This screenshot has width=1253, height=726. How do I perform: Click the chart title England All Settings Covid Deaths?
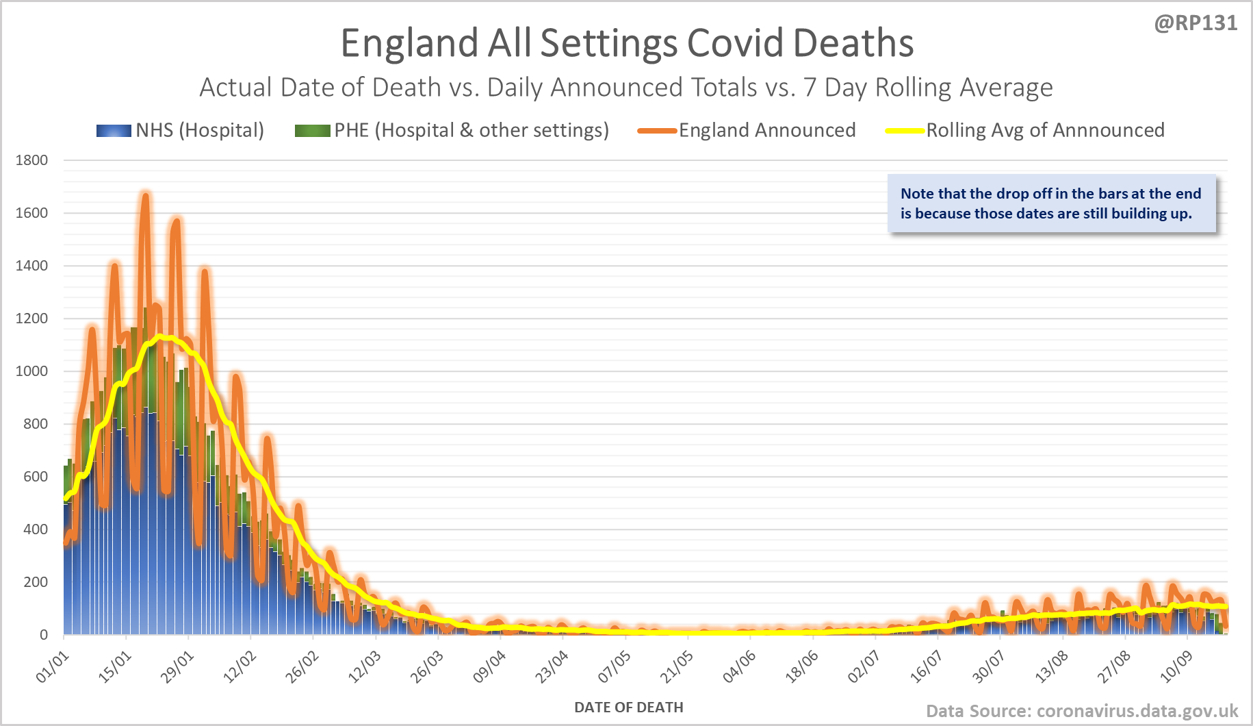(x=627, y=43)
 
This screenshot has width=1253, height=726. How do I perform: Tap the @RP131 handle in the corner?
(x=1196, y=23)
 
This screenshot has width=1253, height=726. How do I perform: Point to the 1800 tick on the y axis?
(x=31, y=160)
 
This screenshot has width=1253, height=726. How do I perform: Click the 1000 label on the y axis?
(x=31, y=371)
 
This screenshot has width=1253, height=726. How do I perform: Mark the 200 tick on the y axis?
(x=35, y=582)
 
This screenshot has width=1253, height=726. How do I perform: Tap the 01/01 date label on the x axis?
(x=53, y=667)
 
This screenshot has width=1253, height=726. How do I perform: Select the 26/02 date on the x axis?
(x=302, y=667)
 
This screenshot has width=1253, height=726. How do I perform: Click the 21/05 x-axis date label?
(x=677, y=667)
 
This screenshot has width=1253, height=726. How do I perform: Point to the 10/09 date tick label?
(x=1176, y=667)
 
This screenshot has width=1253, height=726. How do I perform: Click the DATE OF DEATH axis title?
(x=628, y=708)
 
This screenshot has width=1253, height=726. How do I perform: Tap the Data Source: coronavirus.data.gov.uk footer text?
(x=1082, y=711)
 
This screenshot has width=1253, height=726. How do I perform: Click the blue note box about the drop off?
(x=1051, y=203)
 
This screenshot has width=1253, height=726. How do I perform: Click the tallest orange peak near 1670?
(x=145, y=197)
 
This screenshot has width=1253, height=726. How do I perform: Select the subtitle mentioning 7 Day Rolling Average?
(x=625, y=88)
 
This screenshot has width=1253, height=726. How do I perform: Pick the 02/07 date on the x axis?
(x=864, y=667)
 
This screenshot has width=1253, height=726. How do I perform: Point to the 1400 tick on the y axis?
(x=31, y=266)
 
